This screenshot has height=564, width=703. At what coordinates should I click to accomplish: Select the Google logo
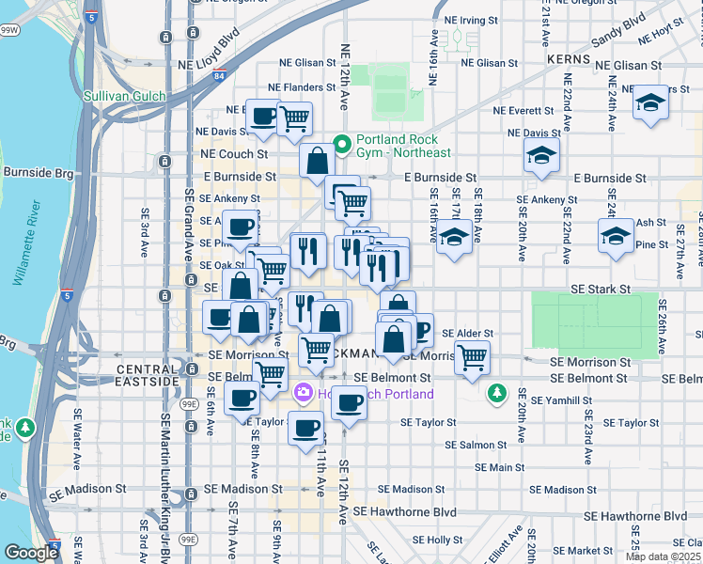click(x=31, y=553)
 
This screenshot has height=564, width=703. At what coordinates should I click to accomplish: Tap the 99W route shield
click(x=9, y=30)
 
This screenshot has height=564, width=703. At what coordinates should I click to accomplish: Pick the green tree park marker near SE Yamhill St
click(x=497, y=393)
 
